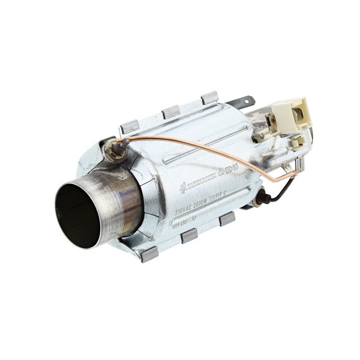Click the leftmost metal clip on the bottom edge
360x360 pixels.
point(149,254)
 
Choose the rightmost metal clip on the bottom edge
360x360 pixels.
point(227,218)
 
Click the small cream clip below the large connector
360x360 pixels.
point(298,142)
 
